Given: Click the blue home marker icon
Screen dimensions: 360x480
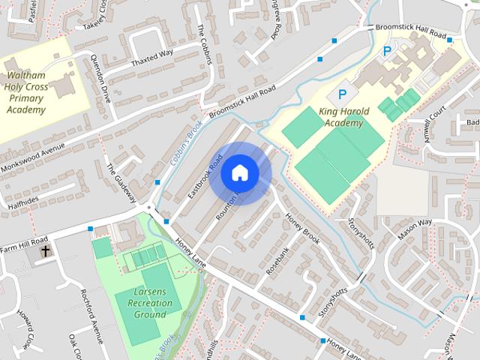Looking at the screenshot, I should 239,173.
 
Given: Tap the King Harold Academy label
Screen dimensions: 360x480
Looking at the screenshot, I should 345,118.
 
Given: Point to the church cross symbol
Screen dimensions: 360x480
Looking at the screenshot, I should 46,251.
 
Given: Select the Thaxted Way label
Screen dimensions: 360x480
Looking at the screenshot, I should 151,58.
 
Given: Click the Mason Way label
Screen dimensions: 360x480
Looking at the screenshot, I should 415,223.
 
